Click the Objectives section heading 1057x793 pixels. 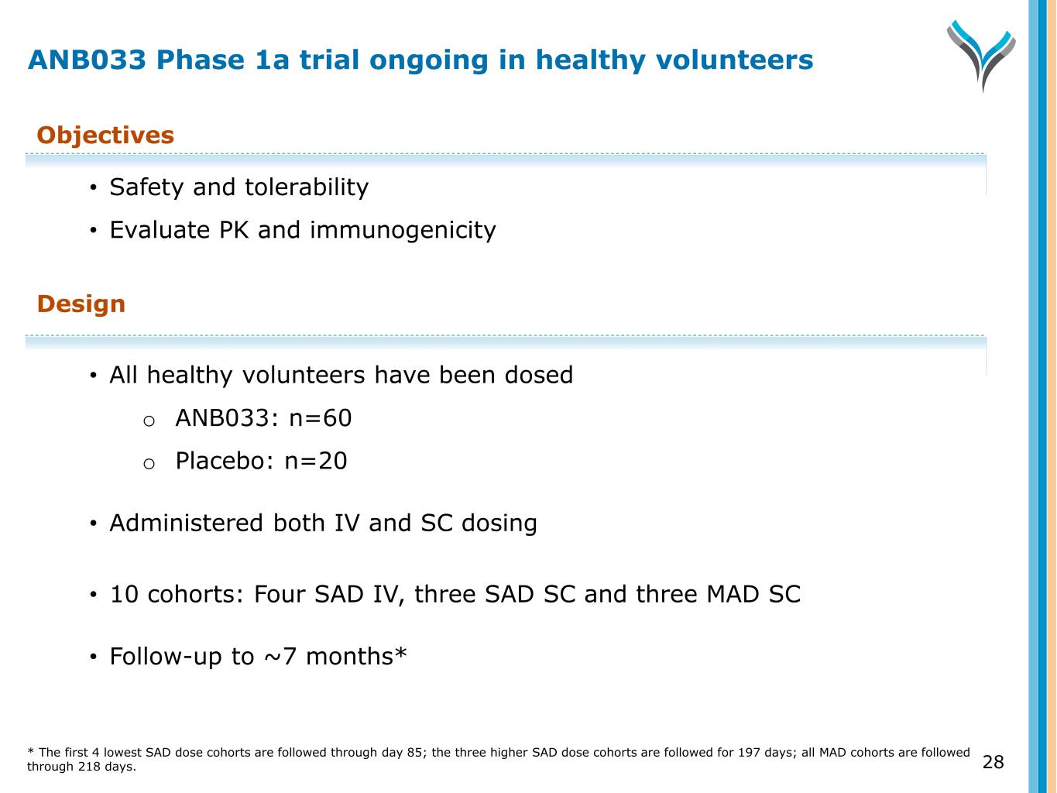tap(105, 136)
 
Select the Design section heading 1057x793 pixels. tap(81, 304)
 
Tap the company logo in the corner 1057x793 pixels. tap(981, 55)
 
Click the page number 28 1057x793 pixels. tap(993, 762)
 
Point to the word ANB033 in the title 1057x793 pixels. tap(87, 60)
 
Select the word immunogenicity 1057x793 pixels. tap(403, 230)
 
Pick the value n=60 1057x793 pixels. tap(321, 418)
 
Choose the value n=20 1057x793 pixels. tap(315, 461)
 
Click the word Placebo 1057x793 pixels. tap(220, 461)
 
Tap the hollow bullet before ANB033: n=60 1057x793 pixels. tap(149, 421)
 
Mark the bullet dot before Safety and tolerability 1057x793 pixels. tap(93, 187)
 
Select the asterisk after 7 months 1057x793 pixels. tap(400, 652)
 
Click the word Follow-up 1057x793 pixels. tap(165, 657)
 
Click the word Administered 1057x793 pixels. tap(187, 523)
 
